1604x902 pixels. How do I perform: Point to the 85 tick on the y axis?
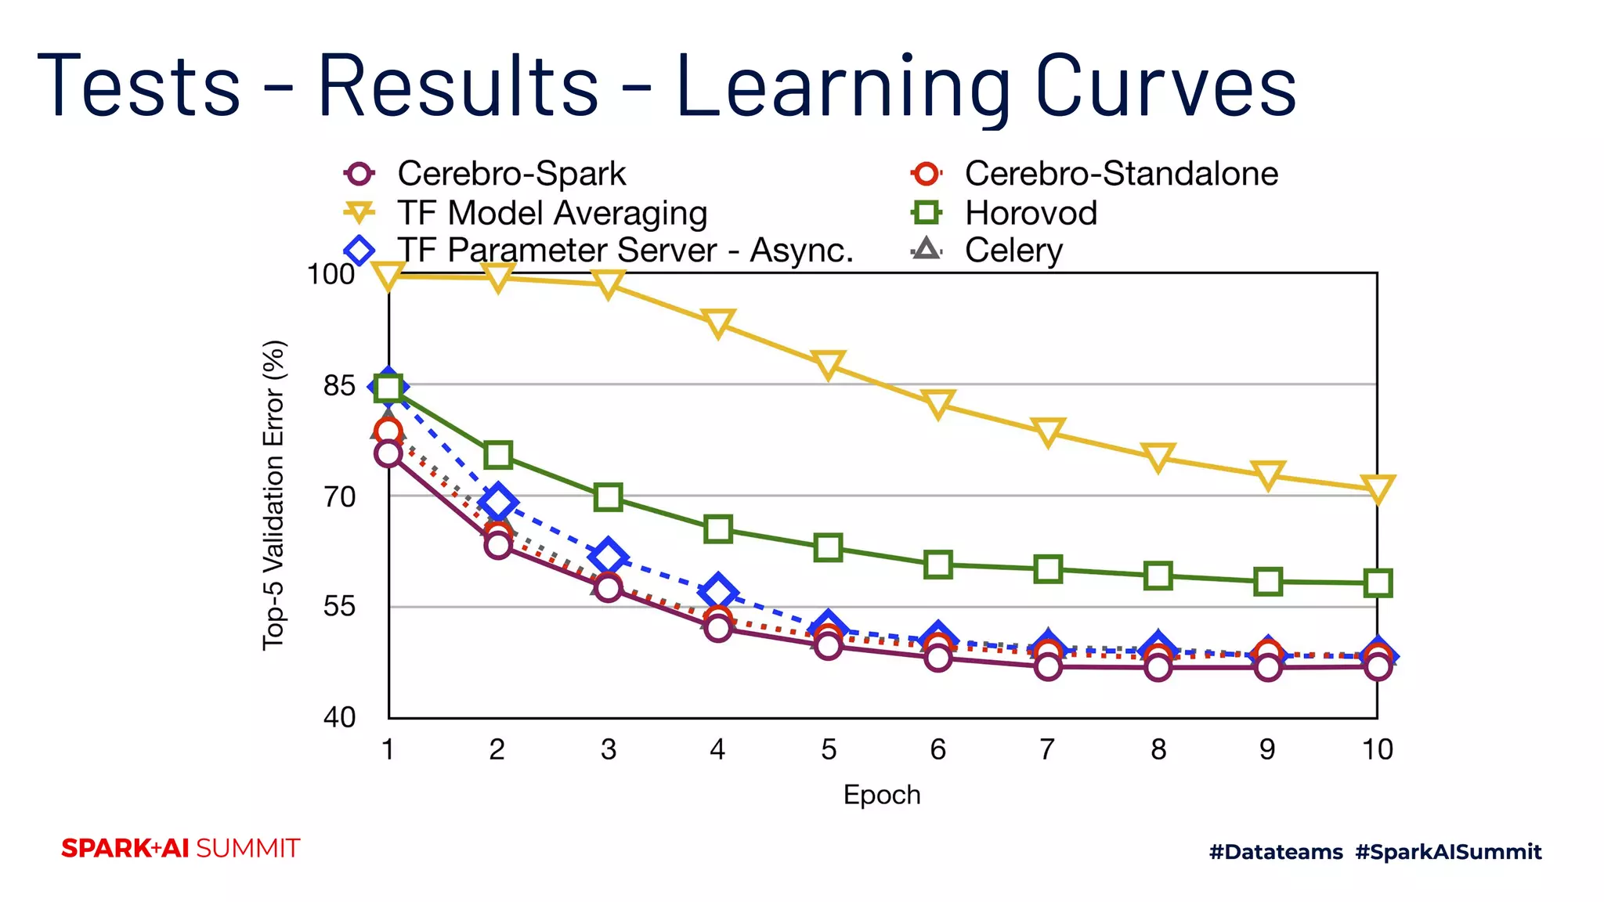339,386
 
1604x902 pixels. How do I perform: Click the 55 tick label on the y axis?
339,607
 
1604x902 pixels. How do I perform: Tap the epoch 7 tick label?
1047,750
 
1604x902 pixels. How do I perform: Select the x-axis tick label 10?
1377,750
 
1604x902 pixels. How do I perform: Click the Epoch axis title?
882,795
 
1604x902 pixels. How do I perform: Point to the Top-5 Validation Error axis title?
273,495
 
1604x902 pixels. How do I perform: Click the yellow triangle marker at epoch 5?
828,365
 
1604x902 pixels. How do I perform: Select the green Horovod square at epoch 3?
609,497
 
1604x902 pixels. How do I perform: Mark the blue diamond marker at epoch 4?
719,593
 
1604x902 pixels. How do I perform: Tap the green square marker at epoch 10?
1378,583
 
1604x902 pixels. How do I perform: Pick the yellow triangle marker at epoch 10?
1378,489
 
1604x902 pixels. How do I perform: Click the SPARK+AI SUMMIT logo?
181,849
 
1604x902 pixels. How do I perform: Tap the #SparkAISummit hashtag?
1448,852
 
